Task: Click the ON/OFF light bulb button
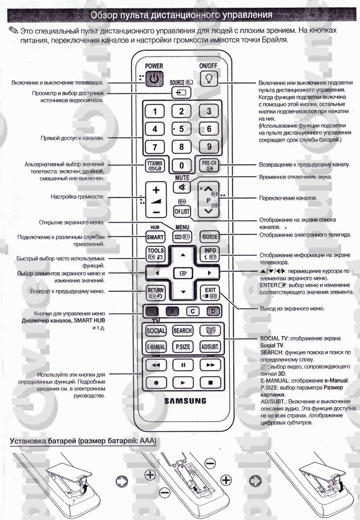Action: [x=209, y=79]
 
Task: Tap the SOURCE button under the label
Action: [x=182, y=92]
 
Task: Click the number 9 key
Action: [x=209, y=147]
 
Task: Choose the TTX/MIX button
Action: [x=155, y=166]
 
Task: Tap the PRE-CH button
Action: [x=209, y=166]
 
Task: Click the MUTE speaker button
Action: [x=182, y=187]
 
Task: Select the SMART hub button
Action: [x=155, y=236]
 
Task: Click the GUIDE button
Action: [x=209, y=236]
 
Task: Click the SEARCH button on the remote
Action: [x=182, y=331]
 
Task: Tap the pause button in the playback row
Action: [x=182, y=365]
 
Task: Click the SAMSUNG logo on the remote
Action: [x=183, y=400]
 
